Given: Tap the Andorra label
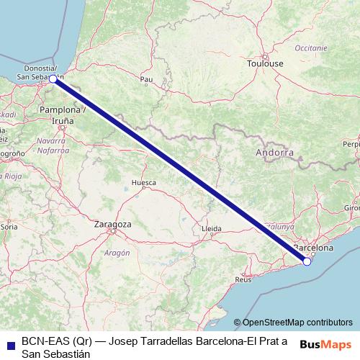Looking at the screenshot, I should pos(274,153).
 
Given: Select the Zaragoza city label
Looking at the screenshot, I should pos(113,225).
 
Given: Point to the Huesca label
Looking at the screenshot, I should pos(143,183).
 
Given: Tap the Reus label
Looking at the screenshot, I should pos(243,279).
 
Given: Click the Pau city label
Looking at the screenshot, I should pos(147,79).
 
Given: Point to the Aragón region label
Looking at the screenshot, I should pos(117,253).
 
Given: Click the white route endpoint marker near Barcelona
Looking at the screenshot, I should pos(307,261).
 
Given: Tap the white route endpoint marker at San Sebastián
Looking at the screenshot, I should pos(53,79).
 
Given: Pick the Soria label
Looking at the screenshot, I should pos(9,226).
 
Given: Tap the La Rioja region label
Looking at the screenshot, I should pos(9,176).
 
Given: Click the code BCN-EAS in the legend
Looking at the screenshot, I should pos(46,340).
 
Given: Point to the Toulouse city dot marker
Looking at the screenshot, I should pos(264,56).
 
